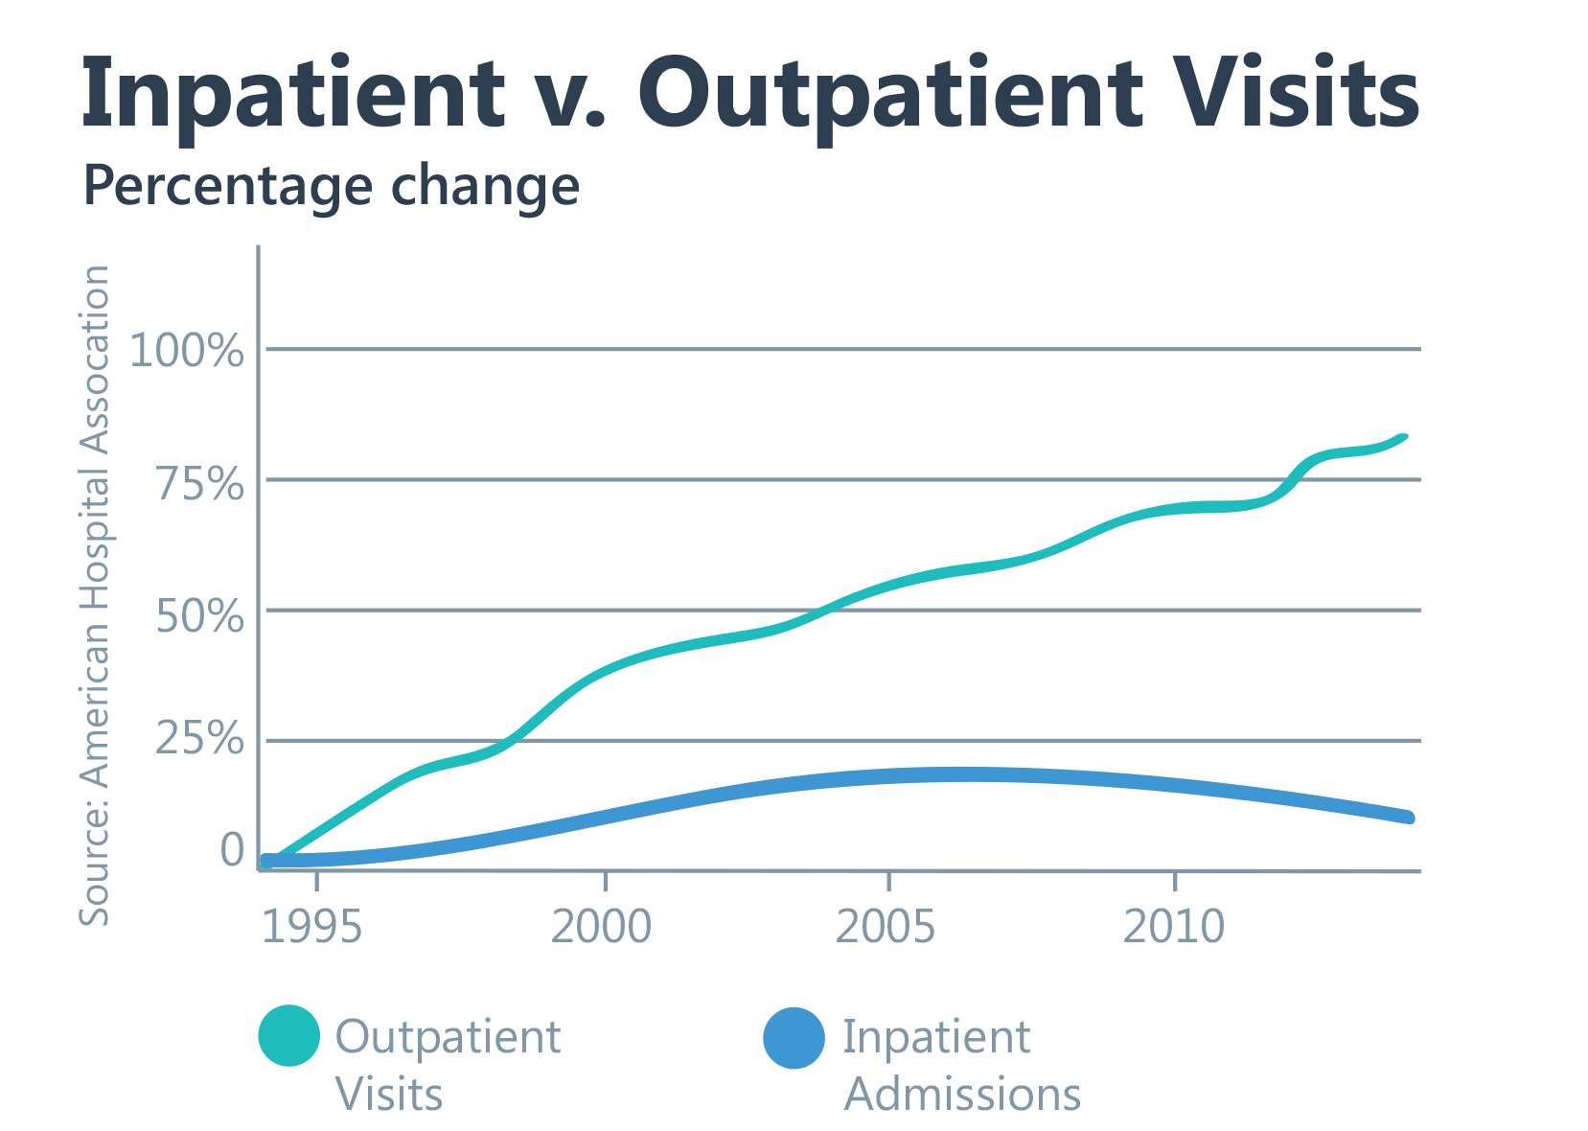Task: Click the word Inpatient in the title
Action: [x=292, y=94]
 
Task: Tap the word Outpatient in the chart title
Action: [x=890, y=94]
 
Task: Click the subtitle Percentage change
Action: [x=331, y=186]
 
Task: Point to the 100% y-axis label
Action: [x=187, y=351]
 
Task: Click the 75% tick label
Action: [x=200, y=483]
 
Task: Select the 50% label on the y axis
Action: [x=200, y=615]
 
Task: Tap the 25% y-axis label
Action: [x=200, y=738]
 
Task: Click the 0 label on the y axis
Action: [x=232, y=849]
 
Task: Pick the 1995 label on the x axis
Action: [x=312, y=927]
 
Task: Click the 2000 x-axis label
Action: [x=602, y=927]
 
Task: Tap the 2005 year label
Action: [x=886, y=927]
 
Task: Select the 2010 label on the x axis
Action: [x=1174, y=927]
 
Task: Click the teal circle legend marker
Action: [x=288, y=1036]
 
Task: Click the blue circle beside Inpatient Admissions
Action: [x=794, y=1038]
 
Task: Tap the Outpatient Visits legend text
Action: [x=447, y=1065]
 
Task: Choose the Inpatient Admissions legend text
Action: [x=961, y=1065]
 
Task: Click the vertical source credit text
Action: [x=94, y=594]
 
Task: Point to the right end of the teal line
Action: [x=1404, y=438]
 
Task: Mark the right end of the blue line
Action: [x=1408, y=817]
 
